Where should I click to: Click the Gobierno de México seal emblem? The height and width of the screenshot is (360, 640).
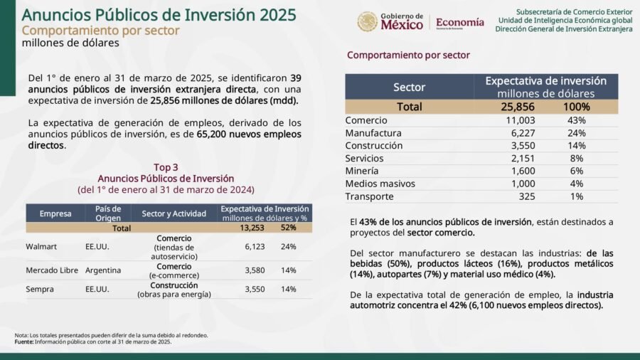(368, 21)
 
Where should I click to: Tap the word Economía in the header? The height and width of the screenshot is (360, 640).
(459, 23)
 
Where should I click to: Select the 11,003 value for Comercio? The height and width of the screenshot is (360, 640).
(520, 120)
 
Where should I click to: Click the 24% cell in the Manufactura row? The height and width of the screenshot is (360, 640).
(576, 133)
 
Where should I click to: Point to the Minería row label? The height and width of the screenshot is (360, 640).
(362, 171)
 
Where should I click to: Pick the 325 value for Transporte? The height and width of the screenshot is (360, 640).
(526, 196)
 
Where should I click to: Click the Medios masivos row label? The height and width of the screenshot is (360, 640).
(380, 184)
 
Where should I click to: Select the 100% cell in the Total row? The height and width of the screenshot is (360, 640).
(576, 107)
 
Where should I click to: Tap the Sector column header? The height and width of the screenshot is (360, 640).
(409, 87)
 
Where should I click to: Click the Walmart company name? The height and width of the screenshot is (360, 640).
(41, 247)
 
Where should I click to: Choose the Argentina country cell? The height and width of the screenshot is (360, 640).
(103, 270)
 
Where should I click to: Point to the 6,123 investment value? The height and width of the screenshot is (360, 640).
(255, 247)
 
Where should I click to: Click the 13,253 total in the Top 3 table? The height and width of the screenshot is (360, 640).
(252, 228)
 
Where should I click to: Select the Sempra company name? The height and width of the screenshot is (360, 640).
(40, 289)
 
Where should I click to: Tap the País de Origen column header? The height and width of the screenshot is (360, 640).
(108, 213)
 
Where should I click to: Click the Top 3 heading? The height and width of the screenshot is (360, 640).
(166, 167)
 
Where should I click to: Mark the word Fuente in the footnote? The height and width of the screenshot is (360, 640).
(23, 342)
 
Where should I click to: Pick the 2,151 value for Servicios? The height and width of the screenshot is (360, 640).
(523, 159)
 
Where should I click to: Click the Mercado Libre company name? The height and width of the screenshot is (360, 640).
(52, 270)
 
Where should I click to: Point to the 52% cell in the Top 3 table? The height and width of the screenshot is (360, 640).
(288, 228)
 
